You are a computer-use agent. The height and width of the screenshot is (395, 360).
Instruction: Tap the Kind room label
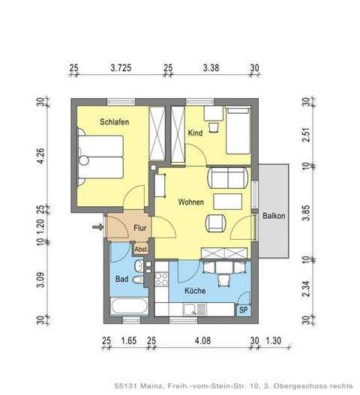click(195, 133)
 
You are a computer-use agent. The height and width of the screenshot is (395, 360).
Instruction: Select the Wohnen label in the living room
click(192, 202)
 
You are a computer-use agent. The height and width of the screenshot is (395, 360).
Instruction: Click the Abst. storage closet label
click(140, 250)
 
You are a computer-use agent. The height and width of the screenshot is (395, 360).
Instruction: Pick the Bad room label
click(121, 279)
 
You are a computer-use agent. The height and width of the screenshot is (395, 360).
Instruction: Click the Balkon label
click(274, 216)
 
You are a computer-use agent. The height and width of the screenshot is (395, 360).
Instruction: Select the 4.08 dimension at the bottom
click(203, 342)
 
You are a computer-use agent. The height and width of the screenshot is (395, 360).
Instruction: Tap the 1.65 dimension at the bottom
click(128, 342)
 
